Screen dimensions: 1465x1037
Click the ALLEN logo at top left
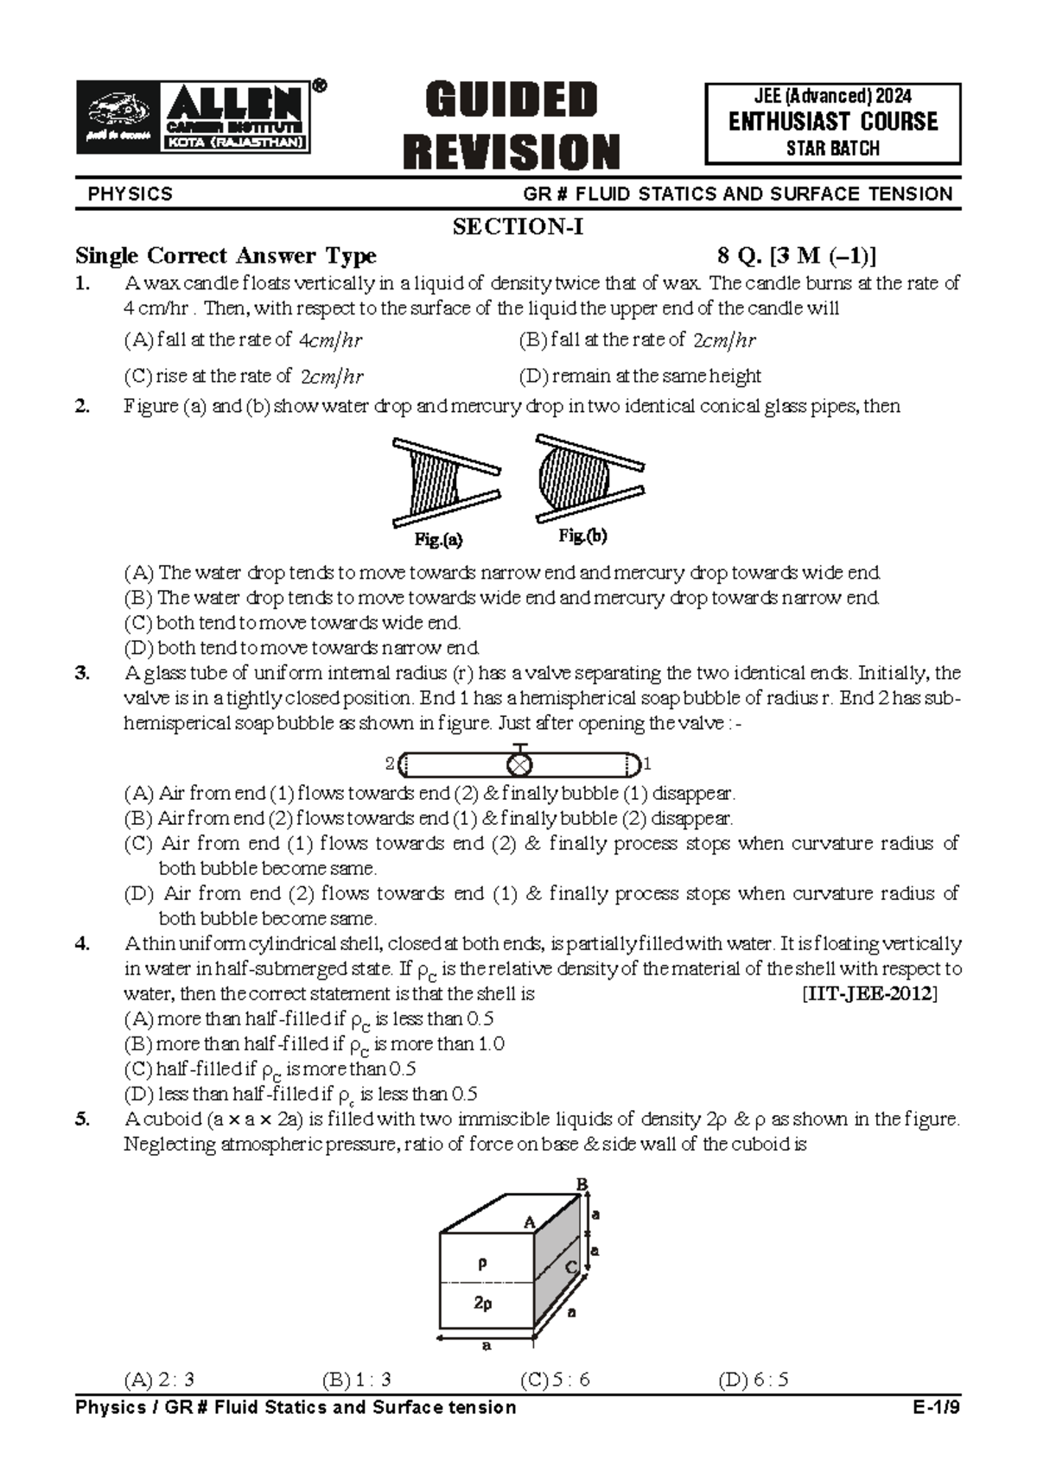pyautogui.click(x=194, y=118)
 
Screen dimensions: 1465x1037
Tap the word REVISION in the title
pyautogui.click(x=511, y=151)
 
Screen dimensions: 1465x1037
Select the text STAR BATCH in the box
pyautogui.click(x=832, y=149)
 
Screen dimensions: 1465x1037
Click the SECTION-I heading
pyautogui.click(x=518, y=227)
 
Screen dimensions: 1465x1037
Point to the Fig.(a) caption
pyautogui.click(x=438, y=541)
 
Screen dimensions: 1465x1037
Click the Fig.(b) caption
pyautogui.click(x=582, y=536)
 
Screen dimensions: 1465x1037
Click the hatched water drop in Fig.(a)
pyautogui.click(x=433, y=482)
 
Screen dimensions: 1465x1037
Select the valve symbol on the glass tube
pyautogui.click(x=518, y=764)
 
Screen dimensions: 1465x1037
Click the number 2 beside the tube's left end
pyautogui.click(x=390, y=764)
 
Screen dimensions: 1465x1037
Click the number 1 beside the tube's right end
pyautogui.click(x=647, y=764)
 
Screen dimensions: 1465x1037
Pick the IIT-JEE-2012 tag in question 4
pyautogui.click(x=869, y=994)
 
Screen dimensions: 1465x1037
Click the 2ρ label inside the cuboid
pyautogui.click(x=483, y=1303)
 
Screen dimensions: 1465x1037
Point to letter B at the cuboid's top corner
pyautogui.click(x=582, y=1183)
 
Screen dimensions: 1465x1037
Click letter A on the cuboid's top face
pyautogui.click(x=530, y=1221)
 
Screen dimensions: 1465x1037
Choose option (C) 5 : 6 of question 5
pyautogui.click(x=555, y=1380)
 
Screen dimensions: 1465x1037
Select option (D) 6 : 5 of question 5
pyautogui.click(x=753, y=1380)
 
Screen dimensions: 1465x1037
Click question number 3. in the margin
pyautogui.click(x=82, y=673)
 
